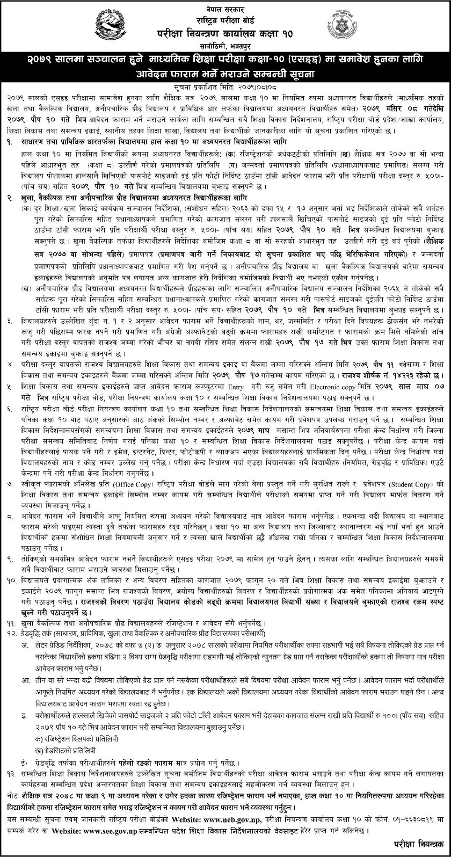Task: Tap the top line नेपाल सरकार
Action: (225, 5)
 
